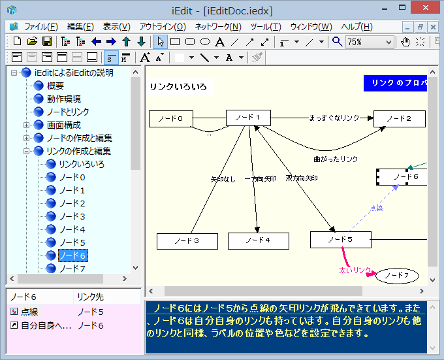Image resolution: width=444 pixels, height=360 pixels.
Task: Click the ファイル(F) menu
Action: [41, 27]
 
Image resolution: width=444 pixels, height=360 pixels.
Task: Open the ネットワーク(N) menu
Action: [218, 27]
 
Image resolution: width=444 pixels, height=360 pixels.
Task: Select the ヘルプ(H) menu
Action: [357, 27]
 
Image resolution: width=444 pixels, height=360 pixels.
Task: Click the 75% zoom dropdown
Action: [370, 42]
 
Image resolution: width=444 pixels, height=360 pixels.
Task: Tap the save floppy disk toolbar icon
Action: [47, 42]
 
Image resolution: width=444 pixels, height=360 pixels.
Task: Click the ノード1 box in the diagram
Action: [247, 118]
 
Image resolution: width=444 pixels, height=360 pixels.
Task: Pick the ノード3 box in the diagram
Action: [187, 240]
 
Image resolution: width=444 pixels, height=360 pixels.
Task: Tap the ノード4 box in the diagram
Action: [258, 240]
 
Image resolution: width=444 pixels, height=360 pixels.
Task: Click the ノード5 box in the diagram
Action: [340, 240]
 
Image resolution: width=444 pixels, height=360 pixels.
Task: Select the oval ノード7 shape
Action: [396, 276]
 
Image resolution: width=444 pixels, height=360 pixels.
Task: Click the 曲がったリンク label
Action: [336, 159]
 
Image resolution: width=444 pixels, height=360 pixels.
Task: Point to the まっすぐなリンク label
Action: [334, 118]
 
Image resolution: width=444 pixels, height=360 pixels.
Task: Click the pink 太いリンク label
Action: [355, 269]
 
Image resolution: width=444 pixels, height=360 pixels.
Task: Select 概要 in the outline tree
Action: [55, 86]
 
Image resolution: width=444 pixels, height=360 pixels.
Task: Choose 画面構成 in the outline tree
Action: [64, 125]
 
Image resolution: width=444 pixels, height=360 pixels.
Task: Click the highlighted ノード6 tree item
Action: [72, 255]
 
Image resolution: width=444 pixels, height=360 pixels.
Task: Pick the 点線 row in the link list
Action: [29, 312]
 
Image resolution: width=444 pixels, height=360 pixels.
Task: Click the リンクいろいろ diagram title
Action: [178, 87]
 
